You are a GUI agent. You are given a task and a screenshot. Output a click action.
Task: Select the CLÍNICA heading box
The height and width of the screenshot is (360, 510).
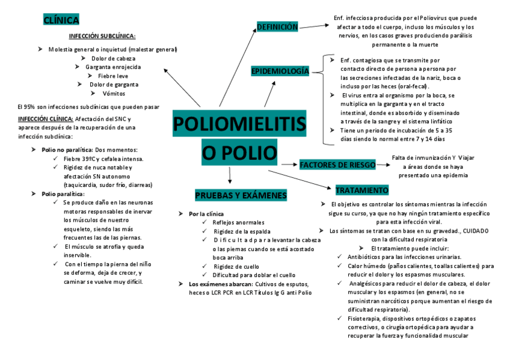coord(61,20)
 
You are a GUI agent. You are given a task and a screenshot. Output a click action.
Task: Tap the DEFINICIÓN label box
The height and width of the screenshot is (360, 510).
coord(277,27)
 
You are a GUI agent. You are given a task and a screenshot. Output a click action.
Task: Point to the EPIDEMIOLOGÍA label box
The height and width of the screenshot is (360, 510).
coord(280,72)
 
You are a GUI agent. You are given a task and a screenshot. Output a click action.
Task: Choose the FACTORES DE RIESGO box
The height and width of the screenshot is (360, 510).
coord(337,165)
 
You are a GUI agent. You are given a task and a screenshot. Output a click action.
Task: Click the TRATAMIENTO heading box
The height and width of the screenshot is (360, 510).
coord(362,190)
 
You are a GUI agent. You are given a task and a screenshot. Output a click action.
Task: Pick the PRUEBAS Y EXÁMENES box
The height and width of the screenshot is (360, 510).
coord(241,195)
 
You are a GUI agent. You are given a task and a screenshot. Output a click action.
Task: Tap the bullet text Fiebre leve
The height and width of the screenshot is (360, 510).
coord(113,76)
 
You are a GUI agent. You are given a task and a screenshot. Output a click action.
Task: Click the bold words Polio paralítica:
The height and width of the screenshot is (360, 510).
coord(63,194)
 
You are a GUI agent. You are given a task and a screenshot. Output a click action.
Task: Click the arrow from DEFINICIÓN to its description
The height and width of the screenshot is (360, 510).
coord(313,26)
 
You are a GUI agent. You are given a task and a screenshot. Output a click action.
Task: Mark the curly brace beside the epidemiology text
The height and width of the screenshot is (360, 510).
coord(325,99)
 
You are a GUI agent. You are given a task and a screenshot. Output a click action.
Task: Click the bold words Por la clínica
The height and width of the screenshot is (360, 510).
coord(206,214)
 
